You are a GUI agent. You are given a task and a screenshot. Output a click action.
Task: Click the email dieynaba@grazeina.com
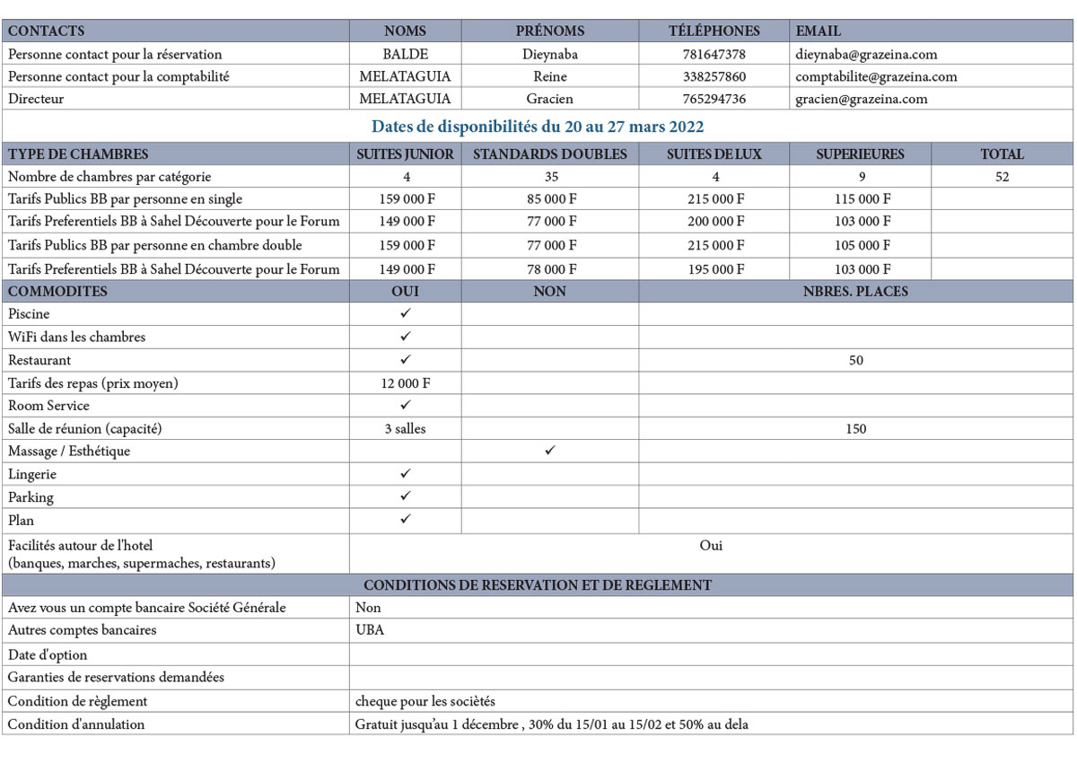point(866,54)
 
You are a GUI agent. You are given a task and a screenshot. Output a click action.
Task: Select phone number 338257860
point(714,76)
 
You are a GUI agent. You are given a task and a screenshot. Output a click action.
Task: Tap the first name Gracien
point(549,99)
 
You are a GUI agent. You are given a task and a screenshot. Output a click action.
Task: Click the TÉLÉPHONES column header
point(714,31)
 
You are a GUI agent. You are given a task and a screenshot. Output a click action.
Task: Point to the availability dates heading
point(538,127)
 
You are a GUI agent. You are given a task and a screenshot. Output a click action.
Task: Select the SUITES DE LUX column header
point(714,154)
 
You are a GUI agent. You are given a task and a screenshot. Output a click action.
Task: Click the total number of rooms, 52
point(1002,177)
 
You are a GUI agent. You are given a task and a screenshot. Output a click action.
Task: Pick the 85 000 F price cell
point(549,199)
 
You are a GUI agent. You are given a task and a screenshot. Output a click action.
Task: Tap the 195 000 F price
point(714,268)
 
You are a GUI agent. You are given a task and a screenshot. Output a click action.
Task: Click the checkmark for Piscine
point(406,313)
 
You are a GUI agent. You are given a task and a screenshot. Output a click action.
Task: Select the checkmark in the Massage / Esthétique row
point(549,451)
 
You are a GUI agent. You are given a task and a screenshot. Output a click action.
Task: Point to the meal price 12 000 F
point(406,383)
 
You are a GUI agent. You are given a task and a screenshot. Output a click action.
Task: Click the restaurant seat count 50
point(855,360)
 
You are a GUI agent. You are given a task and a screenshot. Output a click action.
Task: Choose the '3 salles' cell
point(406,429)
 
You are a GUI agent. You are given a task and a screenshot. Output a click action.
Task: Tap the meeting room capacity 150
point(855,429)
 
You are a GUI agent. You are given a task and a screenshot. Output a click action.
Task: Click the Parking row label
point(31,497)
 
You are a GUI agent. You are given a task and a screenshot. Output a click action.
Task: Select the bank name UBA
point(370,630)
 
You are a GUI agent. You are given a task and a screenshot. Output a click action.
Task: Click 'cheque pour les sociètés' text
point(425,701)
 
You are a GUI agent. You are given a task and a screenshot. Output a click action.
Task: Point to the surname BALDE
point(406,54)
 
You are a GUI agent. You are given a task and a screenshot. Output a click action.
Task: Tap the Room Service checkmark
point(406,405)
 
